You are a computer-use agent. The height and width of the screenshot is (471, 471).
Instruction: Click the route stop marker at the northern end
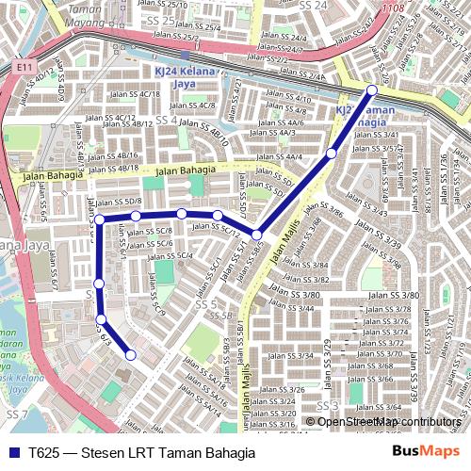pyautogui.click(x=371, y=89)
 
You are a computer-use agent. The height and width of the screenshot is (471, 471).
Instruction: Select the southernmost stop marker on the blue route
pyautogui.click(x=131, y=355)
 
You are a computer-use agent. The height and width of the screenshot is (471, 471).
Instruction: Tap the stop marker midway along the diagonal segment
pyautogui.click(x=331, y=153)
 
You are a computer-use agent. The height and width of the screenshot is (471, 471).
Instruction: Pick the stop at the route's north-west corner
pyautogui.click(x=99, y=219)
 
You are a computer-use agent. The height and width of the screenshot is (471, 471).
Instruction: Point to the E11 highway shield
pyautogui.click(x=23, y=68)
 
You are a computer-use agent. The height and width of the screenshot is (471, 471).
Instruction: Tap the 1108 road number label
pyautogui.click(x=395, y=7)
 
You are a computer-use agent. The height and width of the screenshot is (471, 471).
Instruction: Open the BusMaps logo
pyautogui.click(x=425, y=452)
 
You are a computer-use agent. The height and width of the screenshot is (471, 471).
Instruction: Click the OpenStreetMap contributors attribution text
pyautogui.click(x=388, y=421)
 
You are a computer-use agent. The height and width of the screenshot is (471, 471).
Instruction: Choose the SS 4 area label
pyautogui.click(x=166, y=120)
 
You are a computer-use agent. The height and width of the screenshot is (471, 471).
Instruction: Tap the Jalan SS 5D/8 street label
pyautogui.click(x=121, y=201)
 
